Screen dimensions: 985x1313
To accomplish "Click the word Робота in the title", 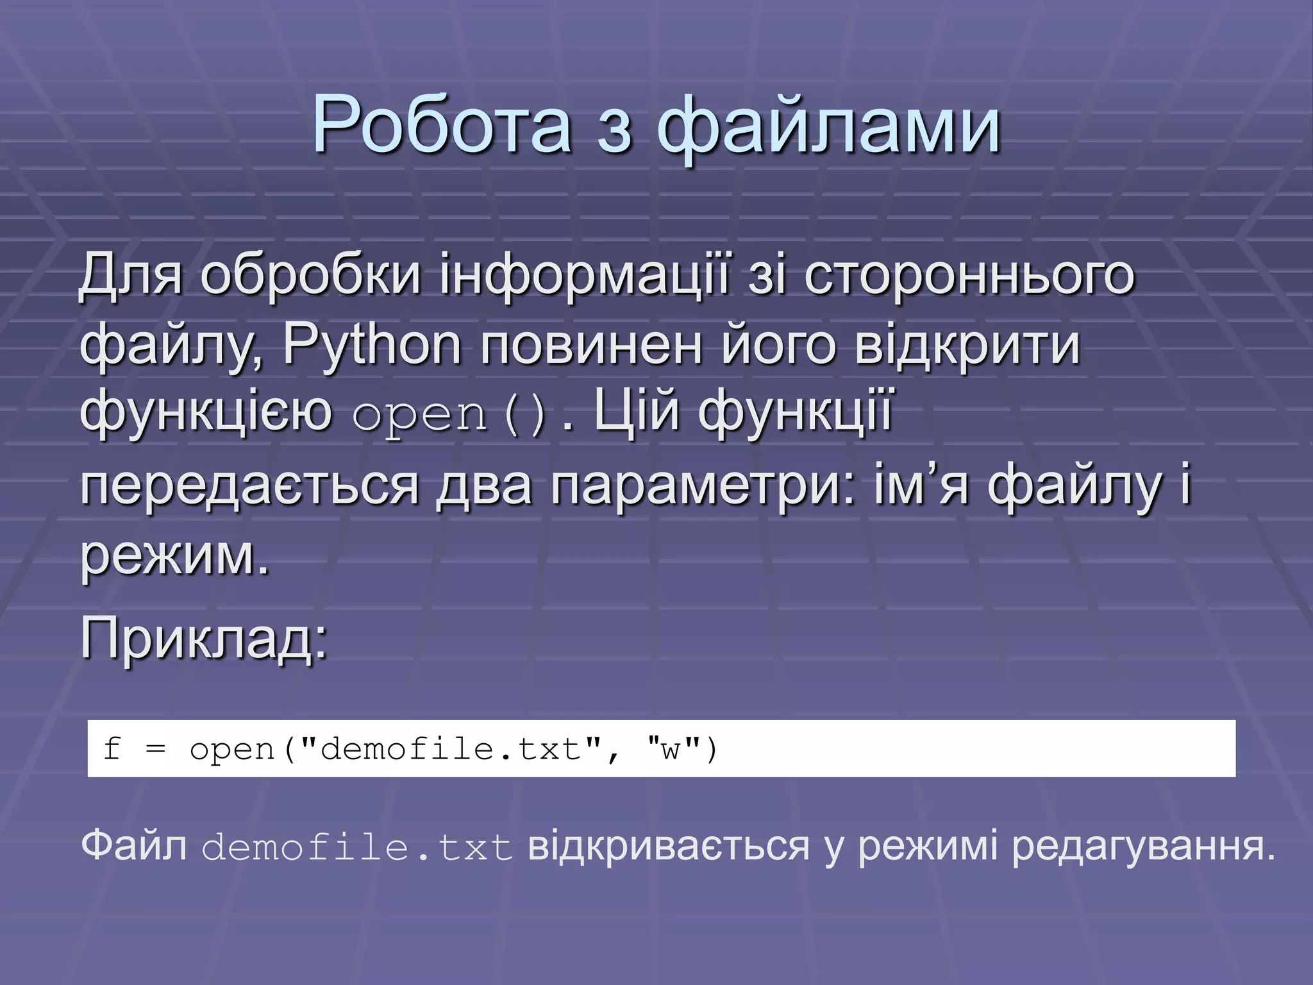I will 442,125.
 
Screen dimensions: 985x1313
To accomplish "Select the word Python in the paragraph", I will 372,346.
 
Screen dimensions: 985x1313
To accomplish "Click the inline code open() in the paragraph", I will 449,415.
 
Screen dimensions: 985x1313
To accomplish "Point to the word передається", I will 249,484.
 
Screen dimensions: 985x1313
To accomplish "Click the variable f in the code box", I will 112,748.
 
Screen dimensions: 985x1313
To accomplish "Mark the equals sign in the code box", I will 156,748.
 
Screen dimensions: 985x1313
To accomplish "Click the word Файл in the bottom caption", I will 134,846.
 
